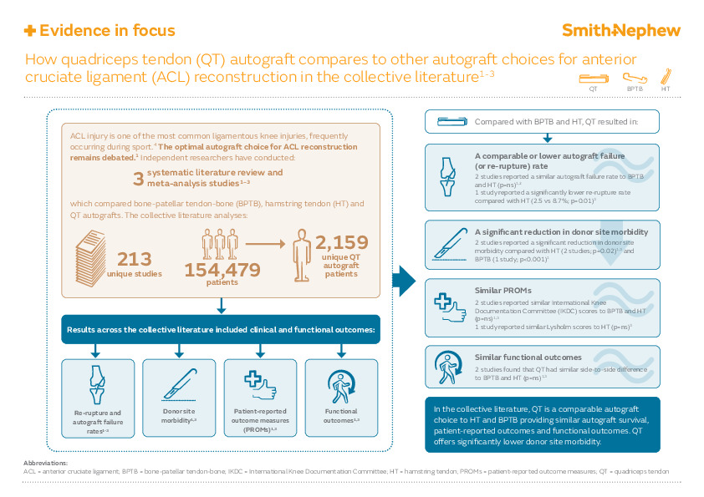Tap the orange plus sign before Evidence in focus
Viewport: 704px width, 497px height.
pyautogui.click(x=30, y=31)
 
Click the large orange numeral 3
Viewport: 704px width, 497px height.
pyautogui.click(x=138, y=179)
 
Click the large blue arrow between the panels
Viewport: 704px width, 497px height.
pyautogui.click(x=404, y=280)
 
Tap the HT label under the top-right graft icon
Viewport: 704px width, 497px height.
pyautogui.click(x=666, y=87)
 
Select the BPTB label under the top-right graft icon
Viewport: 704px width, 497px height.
pyautogui.click(x=635, y=87)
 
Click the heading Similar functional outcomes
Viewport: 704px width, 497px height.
pyautogui.click(x=527, y=357)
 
